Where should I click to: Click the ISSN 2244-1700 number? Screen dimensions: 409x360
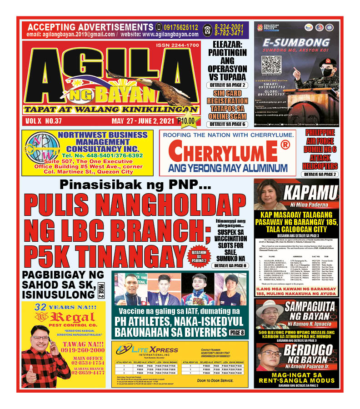[177, 45]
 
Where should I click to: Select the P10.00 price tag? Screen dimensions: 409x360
[186, 121]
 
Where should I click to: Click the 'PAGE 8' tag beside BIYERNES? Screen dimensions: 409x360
[236, 333]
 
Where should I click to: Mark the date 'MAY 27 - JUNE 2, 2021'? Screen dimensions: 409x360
[144, 121]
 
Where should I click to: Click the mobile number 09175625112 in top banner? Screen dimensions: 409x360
[181, 27]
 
